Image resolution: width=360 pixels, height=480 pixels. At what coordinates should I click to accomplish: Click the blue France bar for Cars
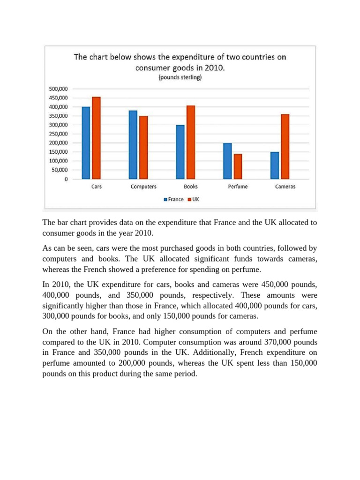tap(86, 143)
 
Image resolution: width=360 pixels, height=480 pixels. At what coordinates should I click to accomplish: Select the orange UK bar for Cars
tap(97, 138)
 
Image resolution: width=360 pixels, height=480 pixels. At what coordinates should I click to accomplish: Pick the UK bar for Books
tap(191, 142)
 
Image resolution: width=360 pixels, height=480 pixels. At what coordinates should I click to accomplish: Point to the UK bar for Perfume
tap(238, 166)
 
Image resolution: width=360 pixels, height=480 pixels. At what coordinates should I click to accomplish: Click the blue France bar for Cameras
tap(275, 165)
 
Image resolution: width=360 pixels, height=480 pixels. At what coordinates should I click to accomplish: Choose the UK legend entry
tap(193, 199)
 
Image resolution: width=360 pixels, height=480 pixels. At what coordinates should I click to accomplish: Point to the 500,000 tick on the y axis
tap(59, 89)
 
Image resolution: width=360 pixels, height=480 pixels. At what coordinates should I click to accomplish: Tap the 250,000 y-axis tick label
tap(59, 134)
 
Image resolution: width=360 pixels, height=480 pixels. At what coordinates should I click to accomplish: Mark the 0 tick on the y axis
tap(66, 179)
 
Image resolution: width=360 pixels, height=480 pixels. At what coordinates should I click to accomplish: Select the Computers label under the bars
tap(143, 187)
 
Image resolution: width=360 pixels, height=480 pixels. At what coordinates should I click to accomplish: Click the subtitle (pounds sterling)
tap(180, 77)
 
